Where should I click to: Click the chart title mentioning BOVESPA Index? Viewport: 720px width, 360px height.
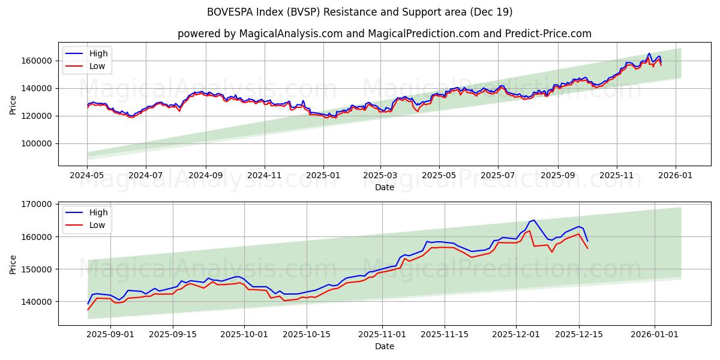click(360, 12)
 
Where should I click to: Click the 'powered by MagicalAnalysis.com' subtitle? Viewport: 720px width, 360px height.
click(384, 34)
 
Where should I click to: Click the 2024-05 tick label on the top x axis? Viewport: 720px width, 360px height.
click(87, 176)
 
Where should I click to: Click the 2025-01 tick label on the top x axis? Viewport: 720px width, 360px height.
click(323, 176)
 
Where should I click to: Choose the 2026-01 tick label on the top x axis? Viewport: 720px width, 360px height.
click(676, 176)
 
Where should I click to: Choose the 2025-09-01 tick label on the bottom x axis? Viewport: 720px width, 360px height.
click(110, 335)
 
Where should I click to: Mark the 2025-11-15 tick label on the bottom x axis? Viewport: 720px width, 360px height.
click(445, 335)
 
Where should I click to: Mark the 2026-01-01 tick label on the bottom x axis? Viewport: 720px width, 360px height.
click(654, 335)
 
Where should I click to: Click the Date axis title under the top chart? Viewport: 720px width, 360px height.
click(384, 187)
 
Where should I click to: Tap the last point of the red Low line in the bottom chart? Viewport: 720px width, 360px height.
click(587, 248)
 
